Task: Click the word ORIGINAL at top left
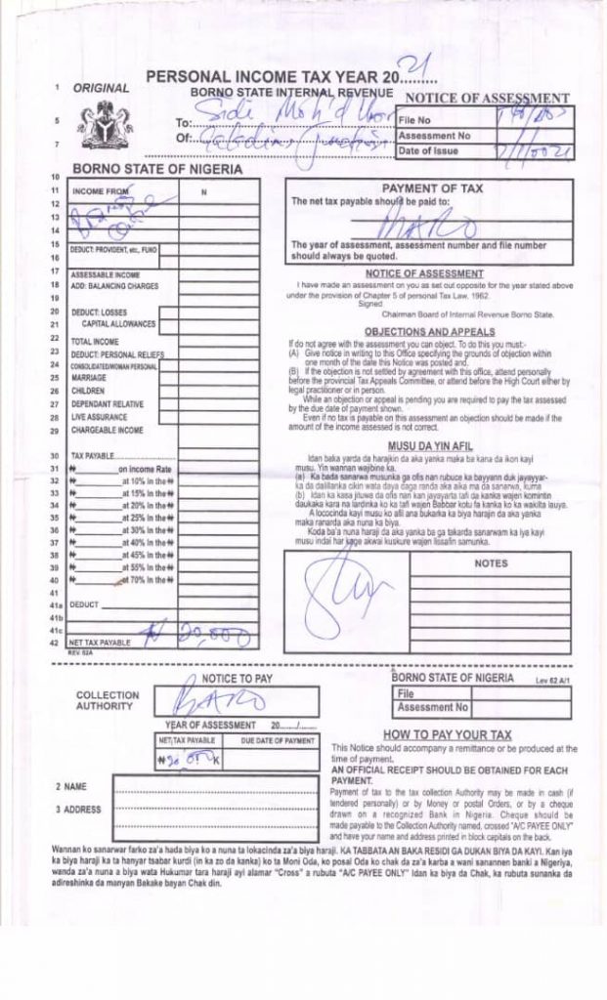pyautogui.click(x=101, y=88)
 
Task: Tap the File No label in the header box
pyautogui.click(x=414, y=119)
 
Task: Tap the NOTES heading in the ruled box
pyautogui.click(x=490, y=563)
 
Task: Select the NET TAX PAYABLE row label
pyautogui.click(x=100, y=643)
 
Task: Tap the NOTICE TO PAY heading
pyautogui.click(x=237, y=678)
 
